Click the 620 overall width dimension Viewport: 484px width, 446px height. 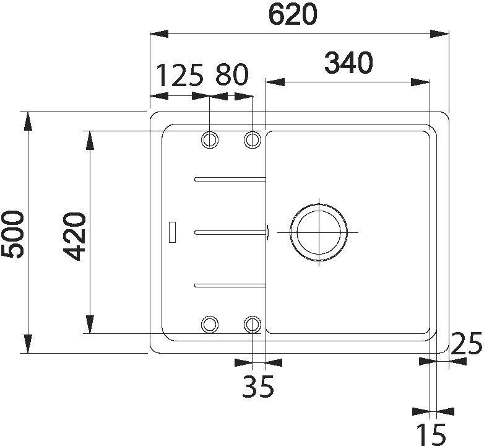pos(293,14)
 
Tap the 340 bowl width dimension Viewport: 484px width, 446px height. pos(348,63)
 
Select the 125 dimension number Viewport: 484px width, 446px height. pos(181,75)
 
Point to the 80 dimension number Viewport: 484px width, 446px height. pos(232,75)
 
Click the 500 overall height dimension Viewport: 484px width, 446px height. pos(12,234)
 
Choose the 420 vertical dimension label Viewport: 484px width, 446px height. pos(74,236)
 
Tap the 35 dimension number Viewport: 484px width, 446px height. pos(258,387)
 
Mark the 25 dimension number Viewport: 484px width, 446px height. pos(467,344)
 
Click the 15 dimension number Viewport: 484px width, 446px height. pos(431,435)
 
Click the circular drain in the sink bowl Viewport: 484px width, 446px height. pos(319,232)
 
